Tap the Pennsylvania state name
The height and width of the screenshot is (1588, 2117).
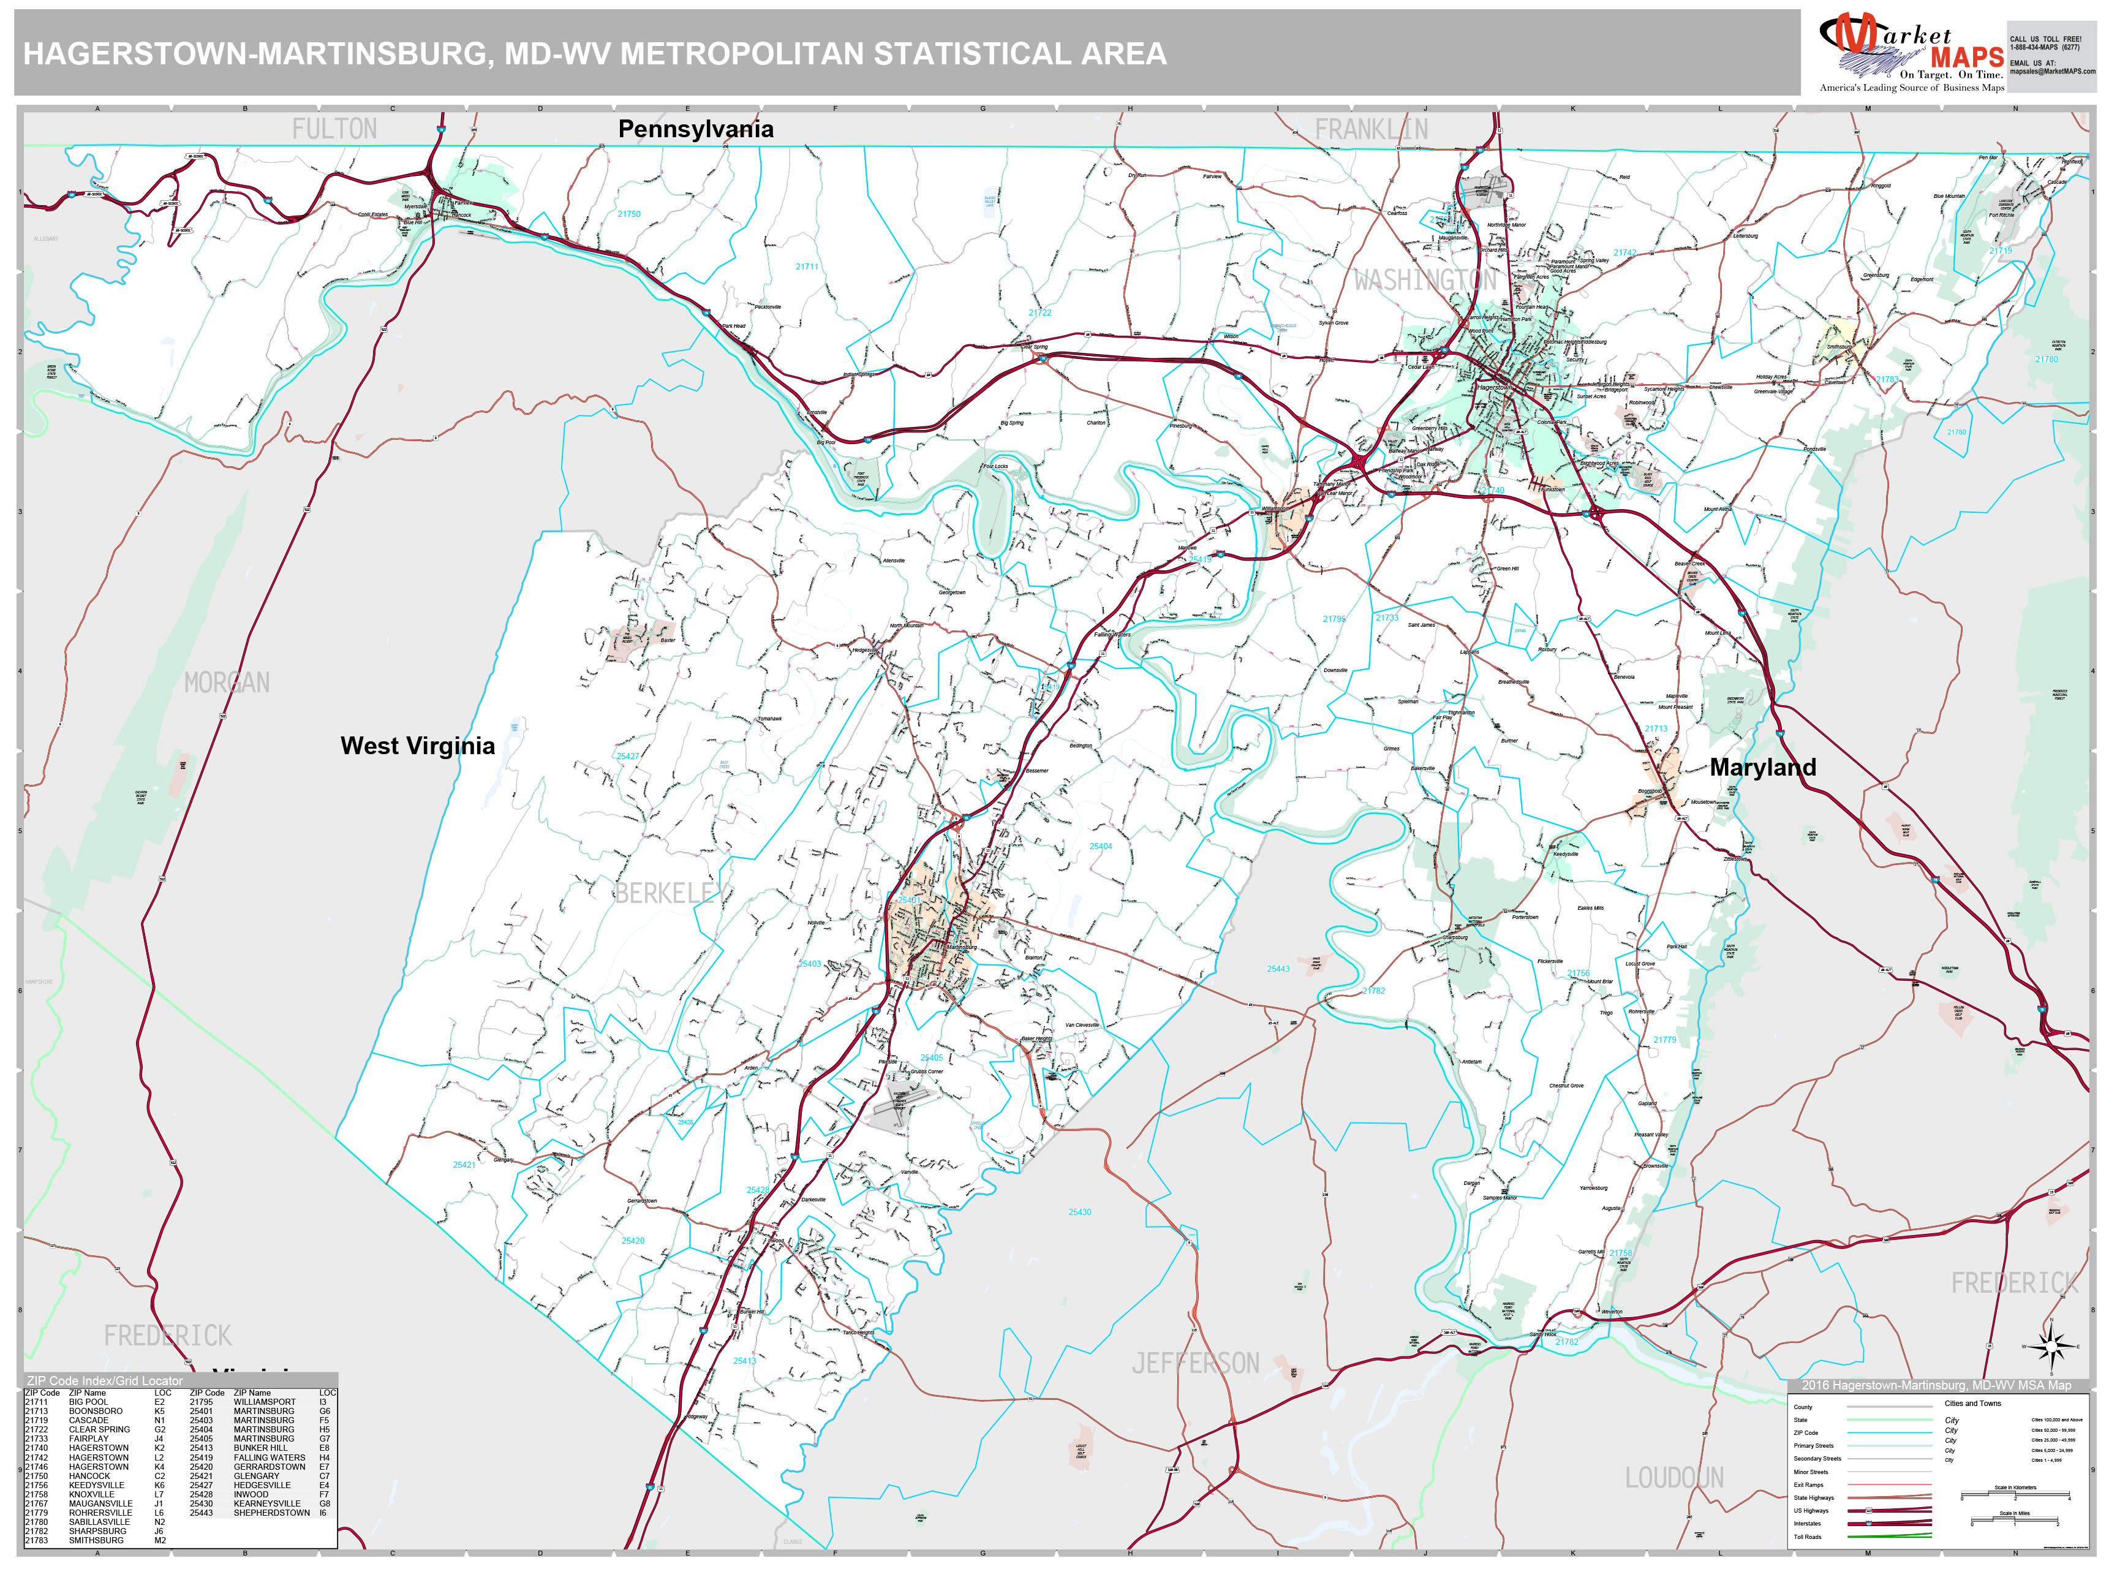coord(696,129)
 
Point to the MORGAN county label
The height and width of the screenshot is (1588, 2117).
coord(227,682)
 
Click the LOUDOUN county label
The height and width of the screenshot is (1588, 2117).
coord(1674,1478)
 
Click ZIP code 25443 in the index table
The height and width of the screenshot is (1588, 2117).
coord(201,1513)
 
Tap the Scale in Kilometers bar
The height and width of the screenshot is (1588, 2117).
coord(2015,1495)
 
